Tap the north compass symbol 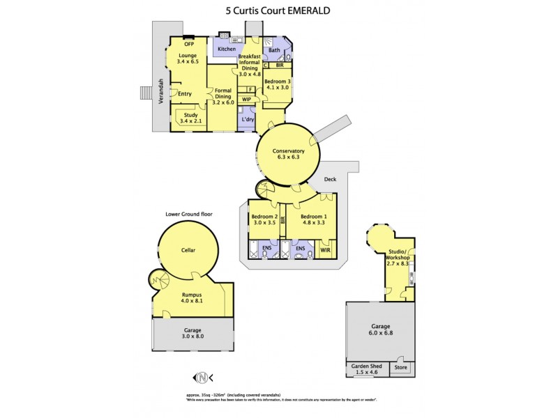click(x=202, y=378)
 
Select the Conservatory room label click(x=289, y=154)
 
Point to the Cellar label click(x=188, y=250)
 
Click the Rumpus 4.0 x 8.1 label click(x=192, y=298)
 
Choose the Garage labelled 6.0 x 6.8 click(x=381, y=330)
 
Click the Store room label click(x=400, y=366)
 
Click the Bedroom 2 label click(x=264, y=219)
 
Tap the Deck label click(x=330, y=179)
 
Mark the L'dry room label click(x=248, y=119)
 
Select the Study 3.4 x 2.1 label click(x=190, y=118)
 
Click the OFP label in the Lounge click(x=188, y=45)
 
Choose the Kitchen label click(x=227, y=49)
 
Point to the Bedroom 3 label click(x=277, y=84)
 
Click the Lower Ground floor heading click(x=189, y=214)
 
